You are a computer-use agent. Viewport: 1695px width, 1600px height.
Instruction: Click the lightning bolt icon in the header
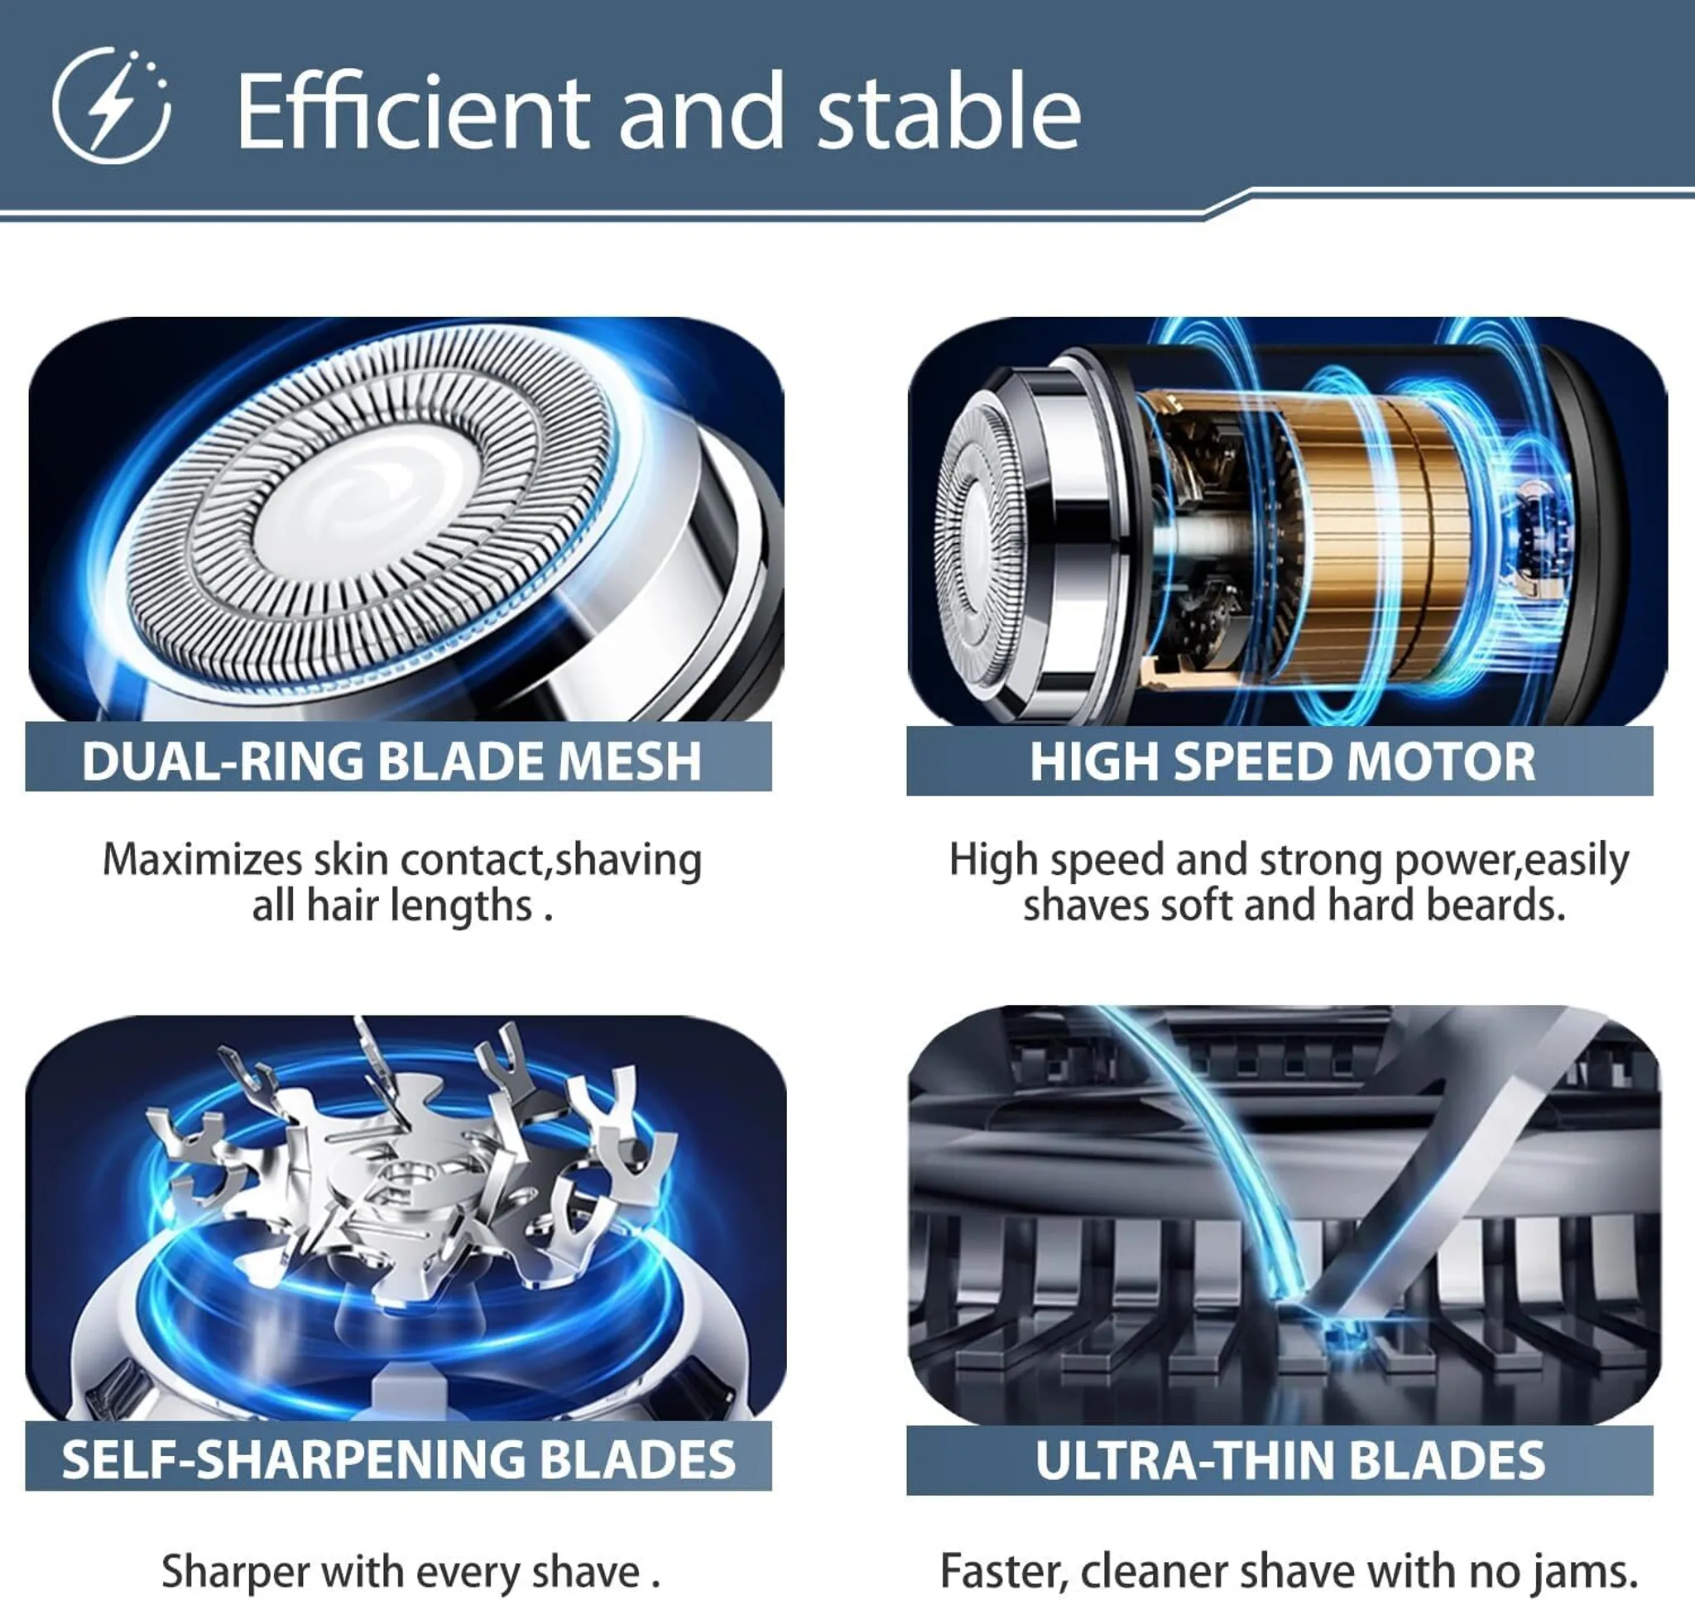(111, 106)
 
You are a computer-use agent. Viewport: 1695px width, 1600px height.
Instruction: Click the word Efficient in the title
(413, 111)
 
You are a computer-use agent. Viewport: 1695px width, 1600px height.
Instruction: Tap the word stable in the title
(949, 111)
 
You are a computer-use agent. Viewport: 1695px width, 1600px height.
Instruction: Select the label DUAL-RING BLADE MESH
(392, 760)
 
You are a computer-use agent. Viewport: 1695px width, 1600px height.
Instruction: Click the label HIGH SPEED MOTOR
(1282, 762)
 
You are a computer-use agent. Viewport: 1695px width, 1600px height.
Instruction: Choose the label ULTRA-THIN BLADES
(1290, 1460)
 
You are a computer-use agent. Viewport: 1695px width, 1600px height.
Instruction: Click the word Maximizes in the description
(202, 860)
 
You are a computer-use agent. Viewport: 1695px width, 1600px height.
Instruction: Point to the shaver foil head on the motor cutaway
(981, 545)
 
